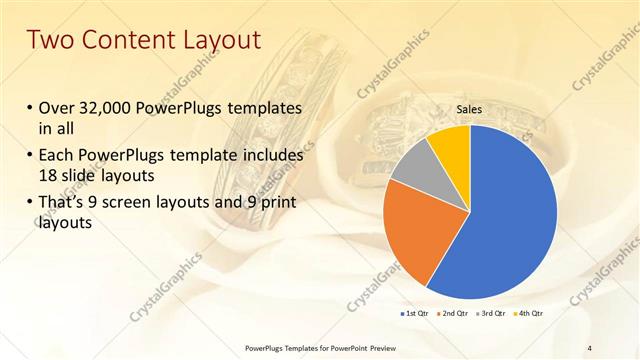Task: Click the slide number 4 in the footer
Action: (589, 348)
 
